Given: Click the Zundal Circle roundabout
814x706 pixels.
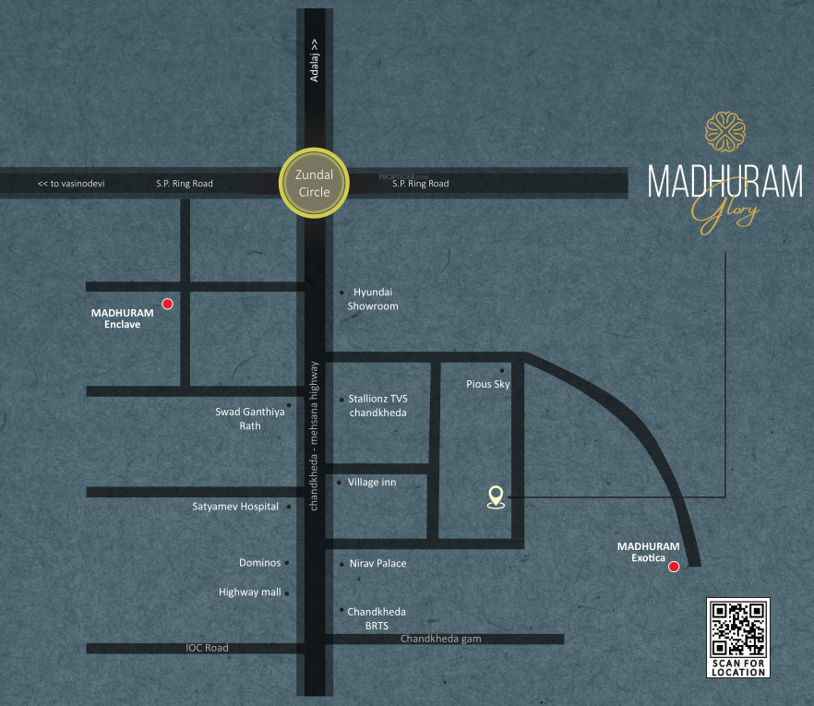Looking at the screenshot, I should [x=314, y=184].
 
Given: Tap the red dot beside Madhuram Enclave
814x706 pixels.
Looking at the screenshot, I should [x=168, y=304].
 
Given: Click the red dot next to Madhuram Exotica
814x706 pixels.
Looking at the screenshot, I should [x=674, y=567].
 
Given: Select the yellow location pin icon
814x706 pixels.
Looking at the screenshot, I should [x=497, y=497].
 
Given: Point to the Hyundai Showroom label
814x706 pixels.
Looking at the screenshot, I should [x=373, y=299].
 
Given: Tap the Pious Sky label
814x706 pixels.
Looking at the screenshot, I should [x=488, y=384].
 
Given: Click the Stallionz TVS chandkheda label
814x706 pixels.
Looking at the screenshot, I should [x=377, y=406].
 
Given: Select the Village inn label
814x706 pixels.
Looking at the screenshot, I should [x=372, y=482].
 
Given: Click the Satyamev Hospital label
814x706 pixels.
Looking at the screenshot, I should [x=235, y=507].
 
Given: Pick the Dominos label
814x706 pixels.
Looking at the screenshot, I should [x=259, y=563].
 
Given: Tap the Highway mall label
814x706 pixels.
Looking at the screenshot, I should [x=250, y=592].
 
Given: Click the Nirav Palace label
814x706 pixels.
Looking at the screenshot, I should [x=377, y=563].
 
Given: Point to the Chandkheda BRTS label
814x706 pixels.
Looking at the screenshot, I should [x=377, y=618].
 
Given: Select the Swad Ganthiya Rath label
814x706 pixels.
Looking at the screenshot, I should [x=250, y=419].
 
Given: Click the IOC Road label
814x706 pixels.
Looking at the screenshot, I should [x=207, y=648].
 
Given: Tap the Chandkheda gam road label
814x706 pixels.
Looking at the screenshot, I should [x=440, y=639].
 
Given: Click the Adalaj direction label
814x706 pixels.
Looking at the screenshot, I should [x=314, y=61].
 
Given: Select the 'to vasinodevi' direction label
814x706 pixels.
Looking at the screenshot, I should [x=71, y=184].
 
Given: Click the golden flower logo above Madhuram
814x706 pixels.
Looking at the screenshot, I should [x=724, y=133].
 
